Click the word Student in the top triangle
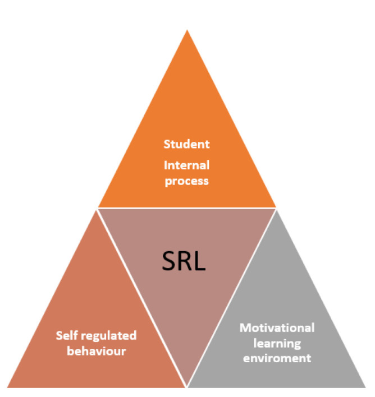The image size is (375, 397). click(186, 144)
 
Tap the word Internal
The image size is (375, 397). click(186, 165)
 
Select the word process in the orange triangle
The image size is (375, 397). click(186, 182)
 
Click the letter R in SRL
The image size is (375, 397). click(186, 262)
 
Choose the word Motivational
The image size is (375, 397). click(277, 327)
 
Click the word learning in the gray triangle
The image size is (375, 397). click(277, 343)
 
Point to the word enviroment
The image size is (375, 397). click(277, 358)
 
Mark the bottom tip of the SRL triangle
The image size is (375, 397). click(187, 386)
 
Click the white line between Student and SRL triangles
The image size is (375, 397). click(187, 208)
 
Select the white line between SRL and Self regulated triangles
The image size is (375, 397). click(142, 297)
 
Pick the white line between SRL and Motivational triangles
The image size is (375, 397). click(232, 297)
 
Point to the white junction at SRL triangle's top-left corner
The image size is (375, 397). click(98, 208)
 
